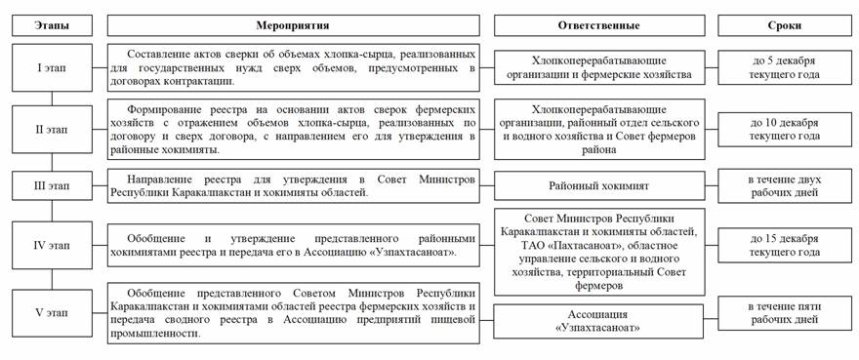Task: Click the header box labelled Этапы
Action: click(x=52, y=25)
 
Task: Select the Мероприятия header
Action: click(x=293, y=25)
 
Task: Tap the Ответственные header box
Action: click(x=599, y=25)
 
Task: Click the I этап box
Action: click(x=52, y=67)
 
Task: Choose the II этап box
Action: click(x=52, y=130)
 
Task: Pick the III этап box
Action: click(x=52, y=185)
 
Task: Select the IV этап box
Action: click(x=52, y=246)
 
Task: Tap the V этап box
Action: click(x=52, y=313)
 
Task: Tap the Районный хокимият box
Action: click(x=599, y=185)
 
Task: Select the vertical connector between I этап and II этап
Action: click(x=52, y=99)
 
